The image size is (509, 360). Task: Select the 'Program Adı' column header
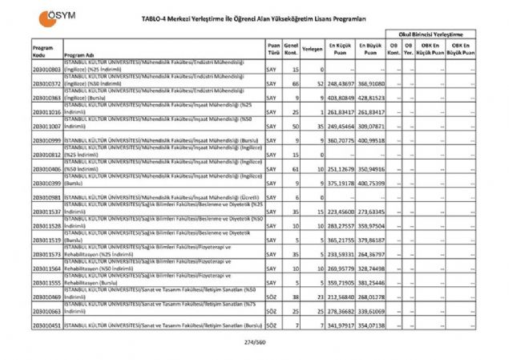coord(79,55)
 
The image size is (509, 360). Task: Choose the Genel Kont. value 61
coord(296,170)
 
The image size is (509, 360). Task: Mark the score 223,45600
coord(339,212)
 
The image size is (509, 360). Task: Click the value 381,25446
coord(371,283)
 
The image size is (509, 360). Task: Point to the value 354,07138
coord(371,326)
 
